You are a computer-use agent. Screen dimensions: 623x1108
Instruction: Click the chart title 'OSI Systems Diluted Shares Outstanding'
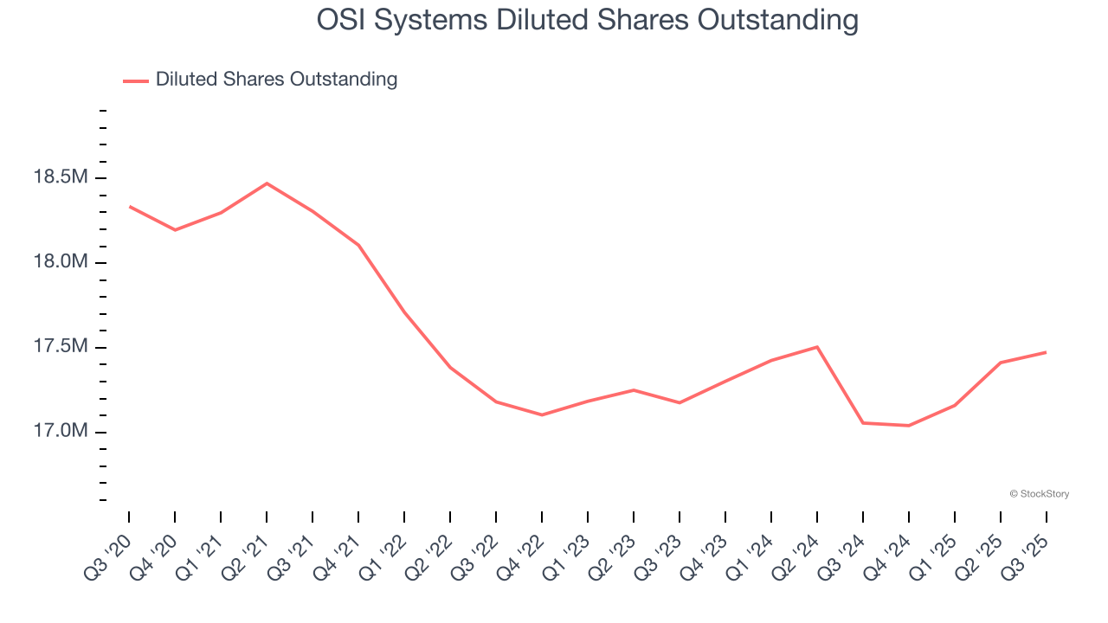point(588,20)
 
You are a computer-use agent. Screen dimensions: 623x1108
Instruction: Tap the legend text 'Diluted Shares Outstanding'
point(276,80)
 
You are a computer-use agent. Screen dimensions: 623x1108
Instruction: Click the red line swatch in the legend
point(136,80)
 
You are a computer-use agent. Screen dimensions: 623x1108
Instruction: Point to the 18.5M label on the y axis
point(60,178)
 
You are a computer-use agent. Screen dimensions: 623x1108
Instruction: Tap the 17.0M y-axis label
point(60,432)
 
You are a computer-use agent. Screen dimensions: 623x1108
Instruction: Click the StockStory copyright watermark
point(1039,494)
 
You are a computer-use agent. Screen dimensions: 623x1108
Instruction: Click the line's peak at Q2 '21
point(267,183)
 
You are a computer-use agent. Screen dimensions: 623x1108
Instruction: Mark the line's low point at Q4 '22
point(542,415)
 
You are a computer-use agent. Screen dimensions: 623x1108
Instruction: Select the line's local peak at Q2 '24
point(817,347)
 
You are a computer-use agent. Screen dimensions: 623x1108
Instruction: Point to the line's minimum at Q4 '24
point(909,426)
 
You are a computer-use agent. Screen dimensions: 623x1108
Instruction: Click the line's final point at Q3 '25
point(1046,352)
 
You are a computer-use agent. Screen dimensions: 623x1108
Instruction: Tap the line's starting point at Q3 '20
point(130,207)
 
